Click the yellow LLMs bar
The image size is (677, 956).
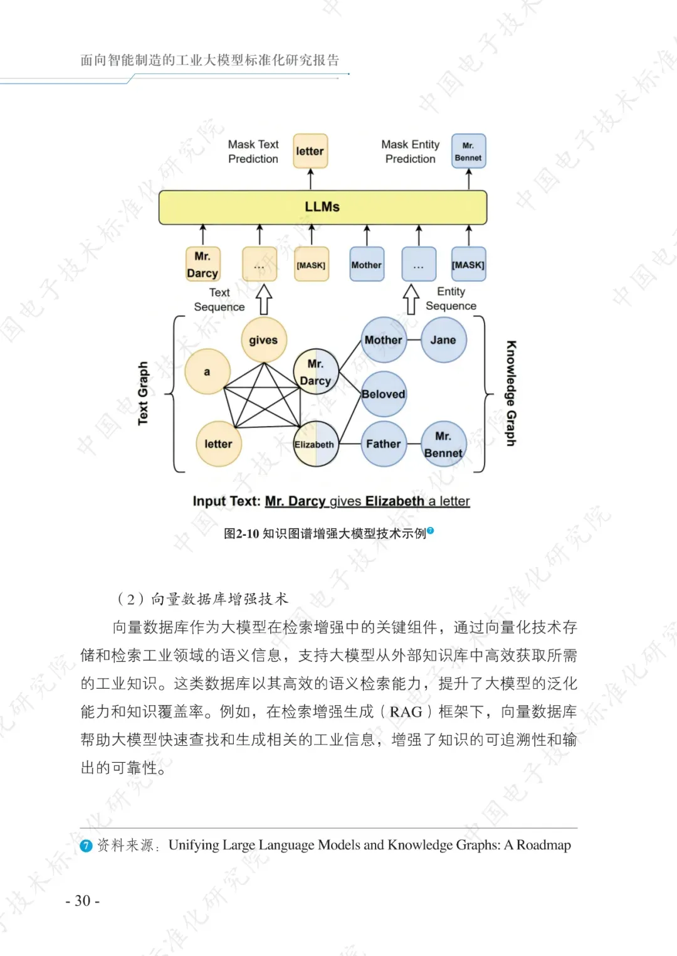(x=322, y=207)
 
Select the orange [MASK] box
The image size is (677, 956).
(x=311, y=265)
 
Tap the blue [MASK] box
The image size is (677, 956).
(x=468, y=265)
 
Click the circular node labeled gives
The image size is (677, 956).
(x=263, y=340)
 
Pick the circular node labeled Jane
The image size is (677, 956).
(x=443, y=340)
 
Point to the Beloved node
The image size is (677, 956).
(x=384, y=394)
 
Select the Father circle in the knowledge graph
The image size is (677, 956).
(x=383, y=443)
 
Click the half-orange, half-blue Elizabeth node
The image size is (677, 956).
(x=315, y=444)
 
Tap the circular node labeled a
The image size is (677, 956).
(x=207, y=372)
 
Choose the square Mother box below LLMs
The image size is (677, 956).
(x=367, y=265)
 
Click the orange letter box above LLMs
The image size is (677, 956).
(x=310, y=151)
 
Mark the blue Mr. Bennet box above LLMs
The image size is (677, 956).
(x=468, y=151)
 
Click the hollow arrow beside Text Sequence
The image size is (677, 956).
(x=264, y=299)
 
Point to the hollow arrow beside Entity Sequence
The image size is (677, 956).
(x=411, y=299)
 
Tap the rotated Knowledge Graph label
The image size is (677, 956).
(x=512, y=393)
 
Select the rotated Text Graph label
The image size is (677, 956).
(x=143, y=393)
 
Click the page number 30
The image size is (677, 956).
(x=83, y=901)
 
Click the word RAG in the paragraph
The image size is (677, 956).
(x=406, y=712)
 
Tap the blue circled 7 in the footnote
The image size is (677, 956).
(x=87, y=846)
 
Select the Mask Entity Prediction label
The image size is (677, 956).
(x=411, y=152)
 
